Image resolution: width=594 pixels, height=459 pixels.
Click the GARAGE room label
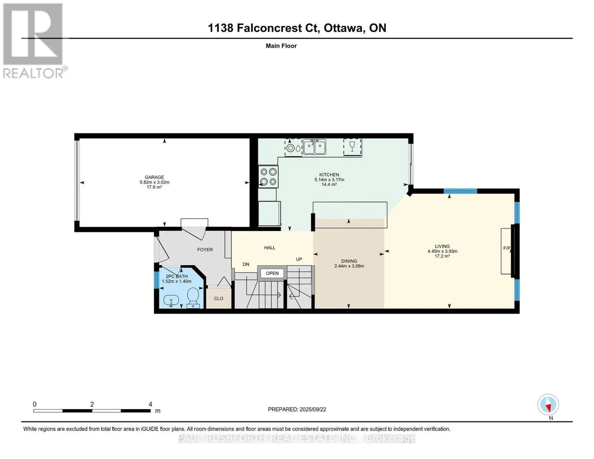155,177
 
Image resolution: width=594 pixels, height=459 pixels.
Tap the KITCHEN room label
329,175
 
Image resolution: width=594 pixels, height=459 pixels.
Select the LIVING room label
442,246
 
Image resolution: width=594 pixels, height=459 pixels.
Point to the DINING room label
349,261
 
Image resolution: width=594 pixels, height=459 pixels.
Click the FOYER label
205,250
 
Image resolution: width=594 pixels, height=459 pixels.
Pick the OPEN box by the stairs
272,273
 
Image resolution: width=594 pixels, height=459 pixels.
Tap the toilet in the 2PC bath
193,298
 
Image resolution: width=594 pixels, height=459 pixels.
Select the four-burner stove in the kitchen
268,177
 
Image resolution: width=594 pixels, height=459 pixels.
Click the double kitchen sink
314,147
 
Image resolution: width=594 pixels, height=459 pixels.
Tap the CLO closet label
219,298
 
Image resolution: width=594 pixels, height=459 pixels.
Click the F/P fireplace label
506,248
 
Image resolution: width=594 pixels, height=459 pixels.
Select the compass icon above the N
548,404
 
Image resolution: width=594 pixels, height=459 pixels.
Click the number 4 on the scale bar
150,404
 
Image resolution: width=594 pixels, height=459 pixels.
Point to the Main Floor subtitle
281,46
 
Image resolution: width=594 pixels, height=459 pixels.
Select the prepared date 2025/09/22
313,410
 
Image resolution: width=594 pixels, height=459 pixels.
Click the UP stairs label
299,259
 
